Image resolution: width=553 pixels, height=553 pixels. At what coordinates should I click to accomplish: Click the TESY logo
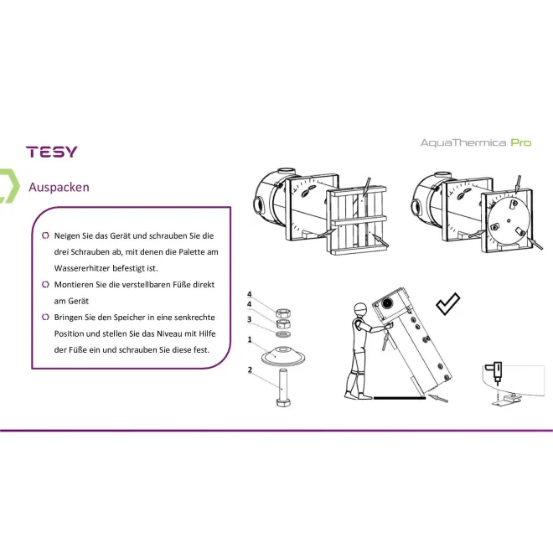[x=51, y=152]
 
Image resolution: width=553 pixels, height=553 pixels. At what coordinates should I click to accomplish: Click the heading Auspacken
[x=59, y=187]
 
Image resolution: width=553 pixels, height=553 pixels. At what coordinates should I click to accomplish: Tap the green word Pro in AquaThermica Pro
[x=521, y=142]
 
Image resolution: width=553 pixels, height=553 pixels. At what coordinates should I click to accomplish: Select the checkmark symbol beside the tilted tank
[x=448, y=303]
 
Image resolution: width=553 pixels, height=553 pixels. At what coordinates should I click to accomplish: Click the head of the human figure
[x=360, y=310]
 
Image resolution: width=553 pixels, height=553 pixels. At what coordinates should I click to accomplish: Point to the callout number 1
[x=250, y=339]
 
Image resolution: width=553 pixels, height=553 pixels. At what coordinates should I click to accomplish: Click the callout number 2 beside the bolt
[x=250, y=370]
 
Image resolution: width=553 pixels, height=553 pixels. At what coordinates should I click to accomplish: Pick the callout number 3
[x=250, y=319]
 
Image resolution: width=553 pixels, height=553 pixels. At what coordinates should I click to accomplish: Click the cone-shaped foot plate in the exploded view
[x=283, y=355]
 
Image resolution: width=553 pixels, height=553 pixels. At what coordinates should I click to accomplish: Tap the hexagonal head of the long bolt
[x=283, y=402]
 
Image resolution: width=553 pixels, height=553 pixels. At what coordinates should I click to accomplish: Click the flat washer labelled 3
[x=283, y=333]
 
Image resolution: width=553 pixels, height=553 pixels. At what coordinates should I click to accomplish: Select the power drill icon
[x=495, y=372]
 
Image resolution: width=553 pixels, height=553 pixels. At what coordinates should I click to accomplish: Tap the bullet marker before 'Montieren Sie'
[x=45, y=284]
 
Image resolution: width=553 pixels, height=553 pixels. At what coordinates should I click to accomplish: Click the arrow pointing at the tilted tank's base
[x=437, y=398]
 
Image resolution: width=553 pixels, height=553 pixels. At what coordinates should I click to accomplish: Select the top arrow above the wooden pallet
[x=366, y=187]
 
